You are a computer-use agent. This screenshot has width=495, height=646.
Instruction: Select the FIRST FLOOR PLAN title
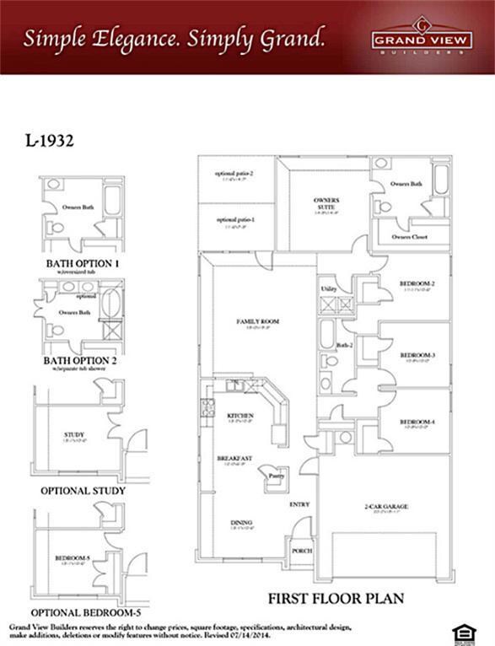coord(336,598)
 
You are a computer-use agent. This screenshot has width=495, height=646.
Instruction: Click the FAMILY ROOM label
coord(257,322)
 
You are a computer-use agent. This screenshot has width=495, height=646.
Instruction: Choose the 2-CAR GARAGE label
coord(386,507)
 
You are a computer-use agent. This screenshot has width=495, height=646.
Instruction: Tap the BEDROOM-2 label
coord(417,284)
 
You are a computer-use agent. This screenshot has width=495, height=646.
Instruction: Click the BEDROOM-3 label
coord(417,355)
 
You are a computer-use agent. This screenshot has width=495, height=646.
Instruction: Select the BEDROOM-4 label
coord(417,422)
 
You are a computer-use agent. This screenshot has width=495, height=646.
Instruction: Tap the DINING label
coord(241,523)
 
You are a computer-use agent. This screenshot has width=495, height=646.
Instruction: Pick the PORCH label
coord(302,551)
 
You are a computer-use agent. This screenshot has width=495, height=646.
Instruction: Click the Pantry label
coord(277,476)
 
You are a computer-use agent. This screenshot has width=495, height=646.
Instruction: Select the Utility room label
coord(329,289)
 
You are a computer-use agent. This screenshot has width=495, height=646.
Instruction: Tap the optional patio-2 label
coord(234,174)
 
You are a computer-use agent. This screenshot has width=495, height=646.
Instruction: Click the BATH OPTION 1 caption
coord(83,263)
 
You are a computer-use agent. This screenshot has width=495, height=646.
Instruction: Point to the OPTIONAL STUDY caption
coord(83,490)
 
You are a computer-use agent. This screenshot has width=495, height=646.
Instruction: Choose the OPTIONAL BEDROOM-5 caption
coord(86,611)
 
